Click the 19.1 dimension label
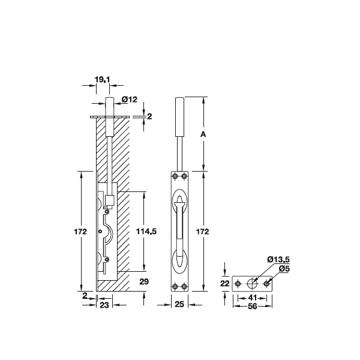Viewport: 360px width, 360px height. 103,80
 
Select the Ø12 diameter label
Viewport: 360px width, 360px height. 130,100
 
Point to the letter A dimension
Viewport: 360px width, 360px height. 203,134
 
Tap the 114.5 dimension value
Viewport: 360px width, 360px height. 146,232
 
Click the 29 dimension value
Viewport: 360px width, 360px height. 144,281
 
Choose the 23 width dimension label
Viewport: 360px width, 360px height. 104,305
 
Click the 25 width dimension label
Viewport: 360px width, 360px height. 179,304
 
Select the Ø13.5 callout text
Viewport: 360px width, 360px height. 278,260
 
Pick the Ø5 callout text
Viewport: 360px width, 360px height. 284,269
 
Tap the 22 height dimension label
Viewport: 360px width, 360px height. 225,284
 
